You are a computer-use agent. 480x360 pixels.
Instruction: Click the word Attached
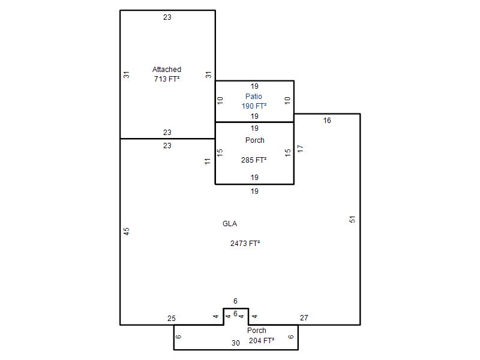pos(167,70)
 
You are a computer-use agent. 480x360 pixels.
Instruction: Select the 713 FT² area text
pos(167,79)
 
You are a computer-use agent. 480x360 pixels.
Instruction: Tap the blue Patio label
pos(253,97)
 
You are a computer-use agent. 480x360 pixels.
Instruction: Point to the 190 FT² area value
pos(254,106)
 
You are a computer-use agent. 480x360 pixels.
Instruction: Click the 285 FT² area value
pos(254,160)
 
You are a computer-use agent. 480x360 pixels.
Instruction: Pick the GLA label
pos(230,224)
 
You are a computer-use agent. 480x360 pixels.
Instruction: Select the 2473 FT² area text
pos(245,244)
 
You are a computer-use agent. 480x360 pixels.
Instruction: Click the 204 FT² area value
pos(262,340)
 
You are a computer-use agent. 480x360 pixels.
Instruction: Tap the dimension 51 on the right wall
pos(352,220)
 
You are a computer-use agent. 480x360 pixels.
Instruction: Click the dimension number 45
pos(127,231)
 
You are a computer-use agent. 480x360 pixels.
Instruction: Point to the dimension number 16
pos(327,121)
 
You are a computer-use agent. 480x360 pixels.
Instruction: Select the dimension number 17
pos(301,149)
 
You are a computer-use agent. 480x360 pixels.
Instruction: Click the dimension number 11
pos(208,161)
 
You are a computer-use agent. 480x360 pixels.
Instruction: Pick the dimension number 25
pos(172,319)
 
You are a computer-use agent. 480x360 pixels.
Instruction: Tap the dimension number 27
pos(304,318)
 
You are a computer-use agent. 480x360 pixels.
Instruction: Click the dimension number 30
pos(235,343)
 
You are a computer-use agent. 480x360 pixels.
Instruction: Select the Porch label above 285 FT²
pos(254,140)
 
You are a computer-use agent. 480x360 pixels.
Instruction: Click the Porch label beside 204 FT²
pos(257,331)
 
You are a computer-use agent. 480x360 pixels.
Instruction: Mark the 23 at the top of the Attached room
pos(167,17)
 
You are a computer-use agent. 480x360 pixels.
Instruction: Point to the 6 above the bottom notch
pos(235,301)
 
